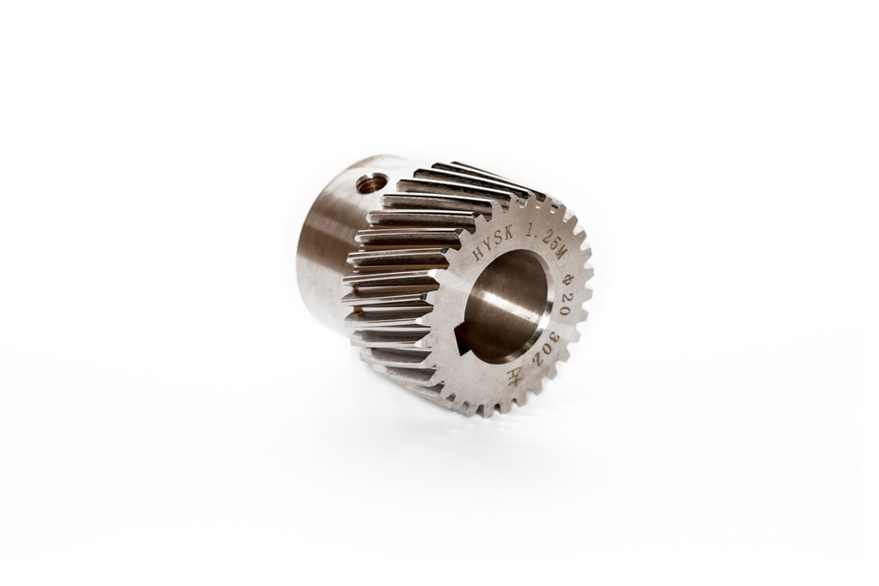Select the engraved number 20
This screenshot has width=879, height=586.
563,306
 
